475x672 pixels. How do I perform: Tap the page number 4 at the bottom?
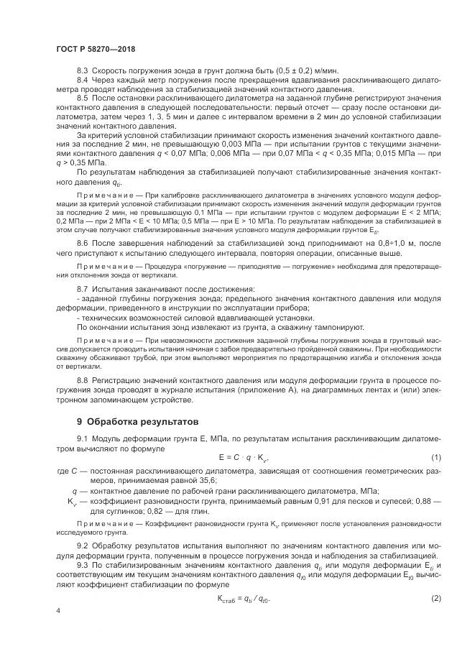pos(58,610)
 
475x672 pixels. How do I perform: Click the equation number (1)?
pos(435,457)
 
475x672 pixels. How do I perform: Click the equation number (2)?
pos(435,579)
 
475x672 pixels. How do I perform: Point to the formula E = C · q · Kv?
pos(244,457)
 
